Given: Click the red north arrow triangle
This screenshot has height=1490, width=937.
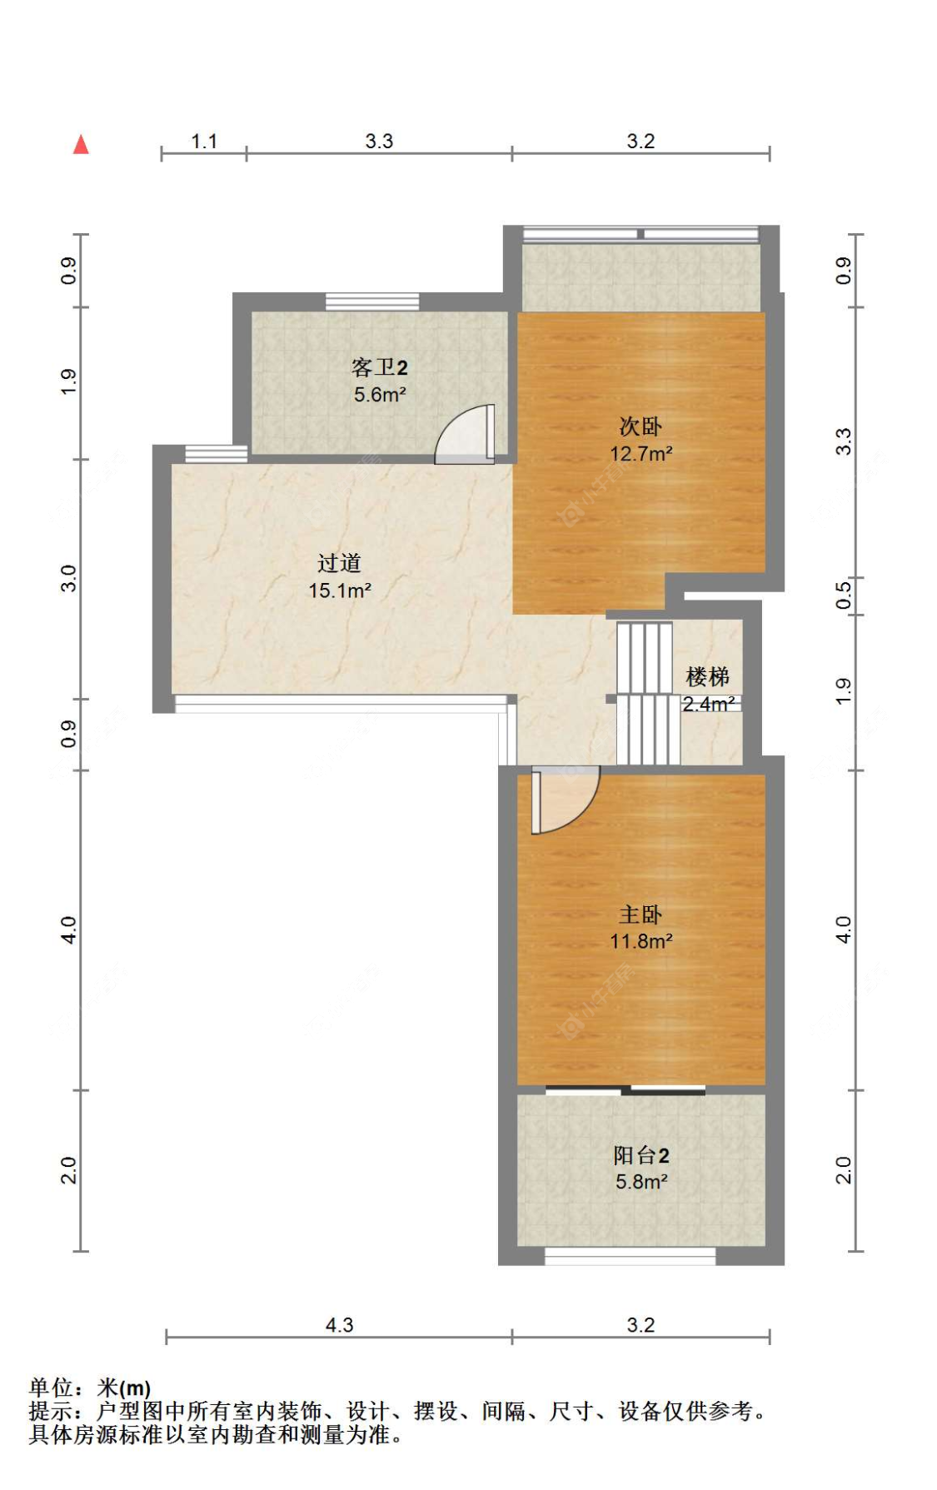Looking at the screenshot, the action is [x=81, y=145].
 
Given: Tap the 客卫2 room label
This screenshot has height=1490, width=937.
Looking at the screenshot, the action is [x=380, y=367].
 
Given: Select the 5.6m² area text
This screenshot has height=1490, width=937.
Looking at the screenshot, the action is [x=380, y=395].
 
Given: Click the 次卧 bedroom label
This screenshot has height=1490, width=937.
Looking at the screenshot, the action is [x=640, y=426].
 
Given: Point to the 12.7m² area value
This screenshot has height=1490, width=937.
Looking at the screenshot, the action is [x=641, y=454].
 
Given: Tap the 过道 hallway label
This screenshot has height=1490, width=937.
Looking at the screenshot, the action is [x=339, y=563].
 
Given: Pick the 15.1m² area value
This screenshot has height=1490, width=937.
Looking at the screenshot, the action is [x=340, y=591].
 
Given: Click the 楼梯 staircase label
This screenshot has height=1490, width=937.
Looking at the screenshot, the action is [x=708, y=676].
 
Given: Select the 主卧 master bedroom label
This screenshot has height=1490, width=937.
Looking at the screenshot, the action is [x=640, y=914].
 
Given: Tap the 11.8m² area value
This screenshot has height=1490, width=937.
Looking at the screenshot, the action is [x=641, y=942].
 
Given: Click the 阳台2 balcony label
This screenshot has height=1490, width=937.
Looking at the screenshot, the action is [x=641, y=1155].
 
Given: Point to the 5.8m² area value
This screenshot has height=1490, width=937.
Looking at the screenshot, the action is [x=641, y=1182].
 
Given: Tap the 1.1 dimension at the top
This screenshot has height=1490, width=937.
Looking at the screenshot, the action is [x=204, y=142].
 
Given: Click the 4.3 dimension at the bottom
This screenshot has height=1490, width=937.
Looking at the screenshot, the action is [x=339, y=1325].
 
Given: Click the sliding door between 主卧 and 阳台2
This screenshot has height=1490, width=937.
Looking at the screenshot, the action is [x=625, y=1089].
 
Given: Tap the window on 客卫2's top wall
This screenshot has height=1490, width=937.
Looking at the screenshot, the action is [x=371, y=301].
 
